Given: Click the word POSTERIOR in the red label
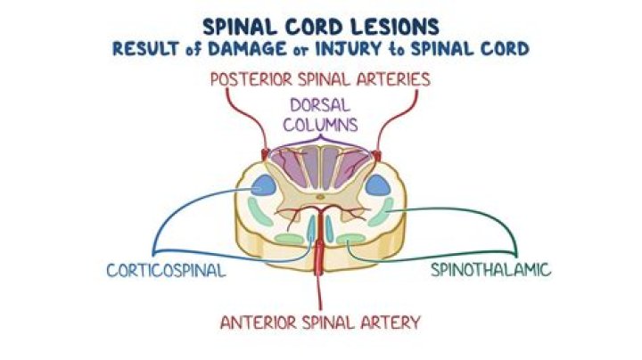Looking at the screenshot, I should click(258, 78).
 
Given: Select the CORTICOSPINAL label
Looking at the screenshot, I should click(166, 268).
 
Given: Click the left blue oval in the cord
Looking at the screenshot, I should click(264, 186).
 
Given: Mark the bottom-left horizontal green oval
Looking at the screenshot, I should click(289, 238).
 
